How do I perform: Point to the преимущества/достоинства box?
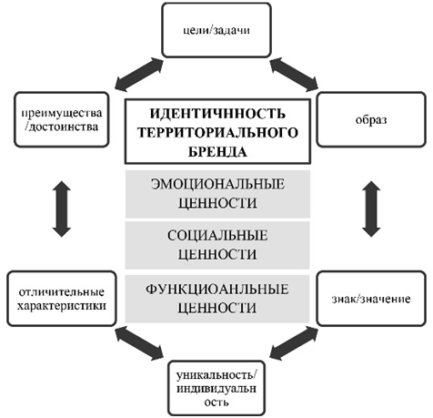(62, 120)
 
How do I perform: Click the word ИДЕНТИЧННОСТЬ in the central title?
(217, 113)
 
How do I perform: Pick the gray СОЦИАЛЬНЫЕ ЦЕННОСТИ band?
(217, 244)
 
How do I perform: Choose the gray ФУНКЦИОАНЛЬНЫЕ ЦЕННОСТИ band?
(217, 298)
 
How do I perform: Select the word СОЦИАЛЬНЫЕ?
(217, 236)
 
